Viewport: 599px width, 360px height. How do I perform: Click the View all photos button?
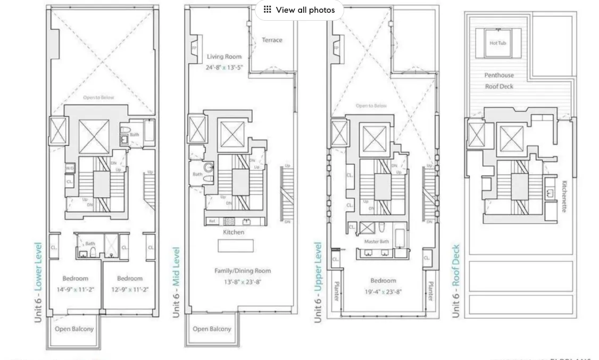299,10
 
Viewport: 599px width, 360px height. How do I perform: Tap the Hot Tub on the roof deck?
498,43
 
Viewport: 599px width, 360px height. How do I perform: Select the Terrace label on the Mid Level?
272,40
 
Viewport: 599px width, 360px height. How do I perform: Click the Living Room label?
224,56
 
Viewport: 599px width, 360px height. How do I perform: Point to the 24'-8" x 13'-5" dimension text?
224,68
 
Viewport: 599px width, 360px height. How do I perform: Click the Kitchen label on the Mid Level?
234,232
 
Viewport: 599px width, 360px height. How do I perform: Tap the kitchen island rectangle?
236,246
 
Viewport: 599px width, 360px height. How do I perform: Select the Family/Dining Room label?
242,271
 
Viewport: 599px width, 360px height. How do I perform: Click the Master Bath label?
376,241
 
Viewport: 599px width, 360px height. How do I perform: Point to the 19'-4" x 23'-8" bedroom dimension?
383,291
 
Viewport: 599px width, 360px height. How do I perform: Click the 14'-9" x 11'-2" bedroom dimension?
75,290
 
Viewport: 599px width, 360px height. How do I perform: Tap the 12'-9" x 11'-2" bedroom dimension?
130,290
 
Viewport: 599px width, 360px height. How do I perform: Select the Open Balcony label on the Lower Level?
74,329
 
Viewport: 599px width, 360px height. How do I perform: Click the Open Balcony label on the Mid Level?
212,329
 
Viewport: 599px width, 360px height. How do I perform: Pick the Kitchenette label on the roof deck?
564,196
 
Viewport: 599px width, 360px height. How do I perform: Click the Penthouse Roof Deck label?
499,81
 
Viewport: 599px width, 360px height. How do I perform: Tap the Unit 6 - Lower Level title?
38,282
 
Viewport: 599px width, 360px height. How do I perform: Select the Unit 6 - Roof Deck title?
455,281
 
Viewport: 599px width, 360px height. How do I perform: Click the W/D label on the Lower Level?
70,168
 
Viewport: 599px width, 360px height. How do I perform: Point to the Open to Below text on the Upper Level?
371,106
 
